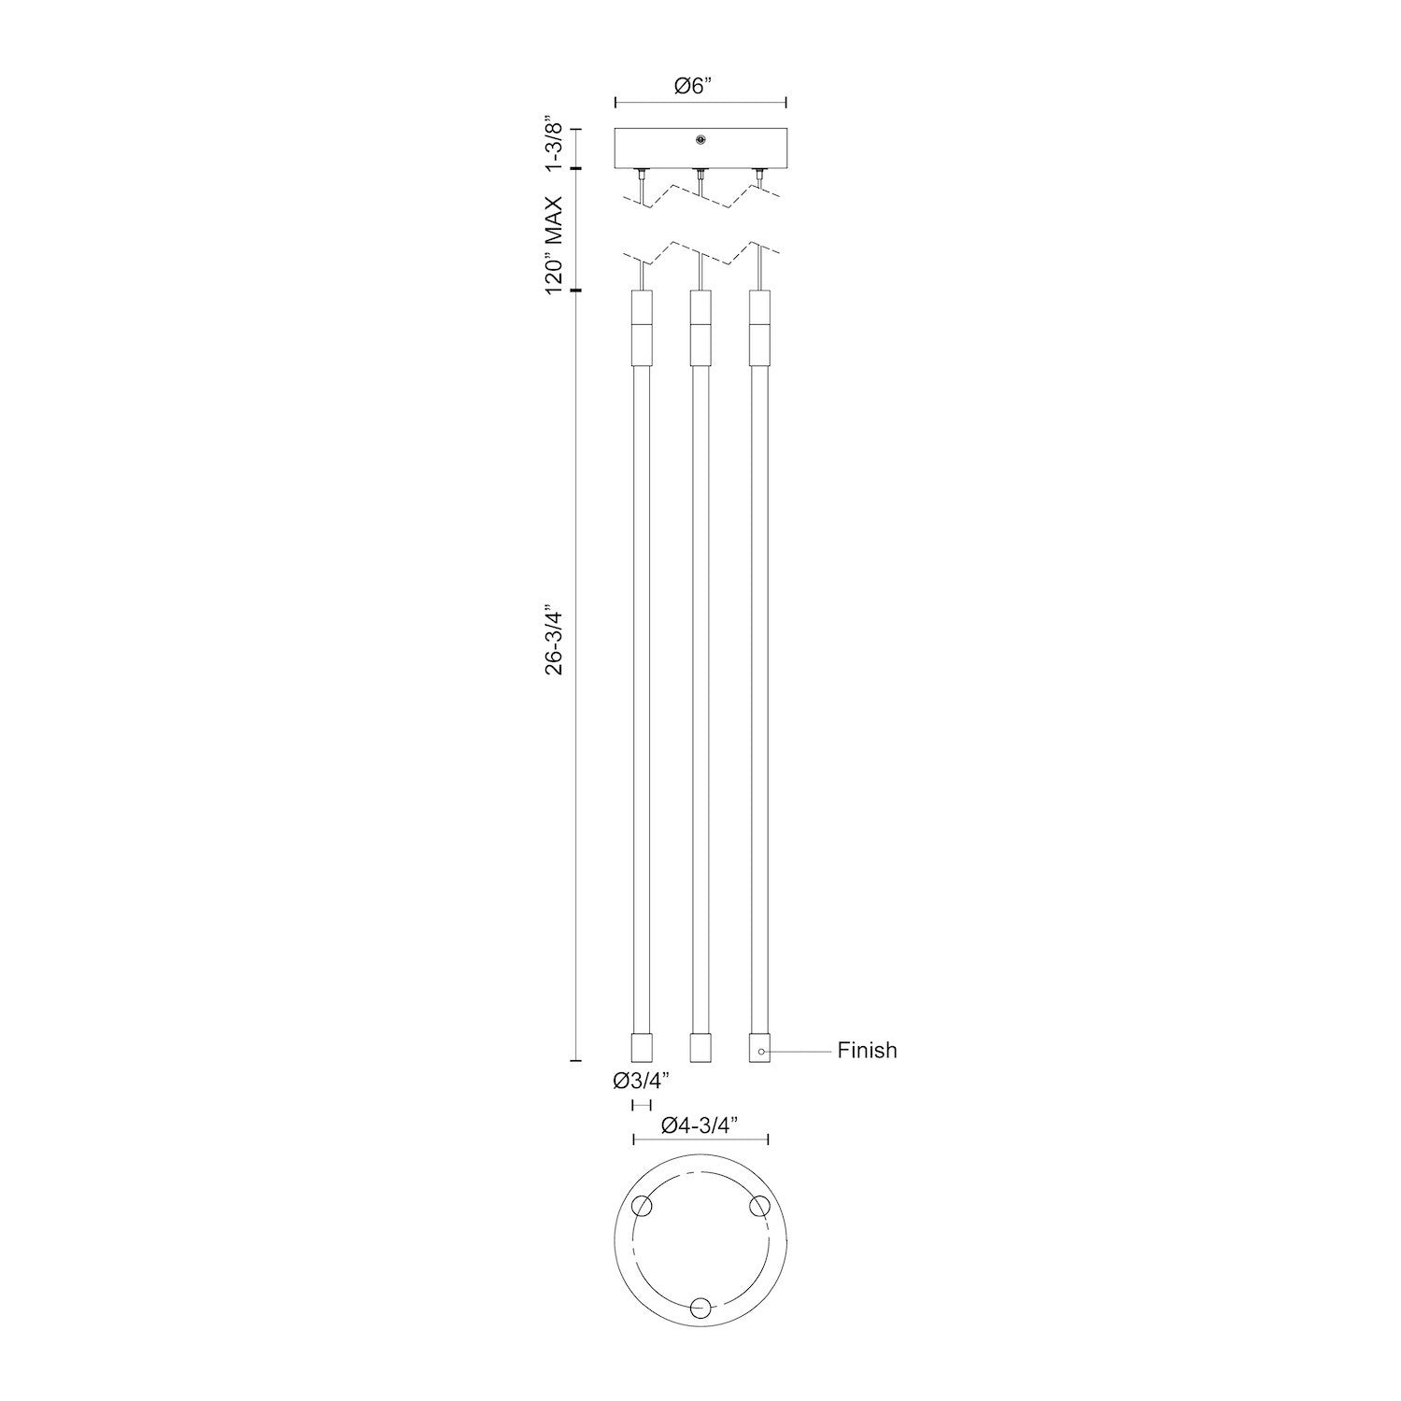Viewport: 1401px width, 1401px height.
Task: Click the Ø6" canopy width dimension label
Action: click(x=692, y=86)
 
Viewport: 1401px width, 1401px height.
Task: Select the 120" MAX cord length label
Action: click(x=554, y=245)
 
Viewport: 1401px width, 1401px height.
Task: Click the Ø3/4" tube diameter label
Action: click(x=641, y=1082)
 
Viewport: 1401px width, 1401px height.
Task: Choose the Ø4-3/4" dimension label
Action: click(x=700, y=1125)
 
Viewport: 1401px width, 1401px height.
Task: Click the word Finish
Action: click(x=867, y=1051)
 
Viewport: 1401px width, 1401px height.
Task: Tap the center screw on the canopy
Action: click(x=700, y=141)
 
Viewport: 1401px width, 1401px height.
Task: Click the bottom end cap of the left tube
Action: click(x=641, y=1046)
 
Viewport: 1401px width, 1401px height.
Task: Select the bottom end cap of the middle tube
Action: click(x=700, y=1046)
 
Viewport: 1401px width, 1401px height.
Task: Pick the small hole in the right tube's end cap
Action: click(x=761, y=1053)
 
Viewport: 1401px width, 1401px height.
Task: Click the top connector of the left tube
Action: click(x=641, y=326)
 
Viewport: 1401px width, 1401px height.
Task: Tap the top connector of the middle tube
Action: click(x=700, y=326)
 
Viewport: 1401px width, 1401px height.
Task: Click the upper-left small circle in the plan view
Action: click(x=642, y=1207)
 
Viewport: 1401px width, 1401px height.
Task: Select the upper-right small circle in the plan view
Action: click(x=757, y=1207)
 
